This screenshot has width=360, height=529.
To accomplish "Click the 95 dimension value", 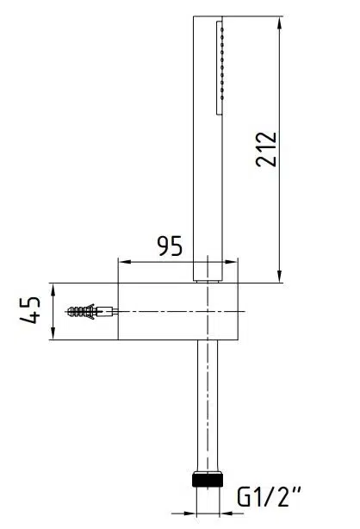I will click(x=171, y=246).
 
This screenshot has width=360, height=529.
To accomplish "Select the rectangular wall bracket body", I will click(x=172, y=311).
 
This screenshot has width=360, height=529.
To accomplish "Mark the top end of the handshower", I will click(x=209, y=16).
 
